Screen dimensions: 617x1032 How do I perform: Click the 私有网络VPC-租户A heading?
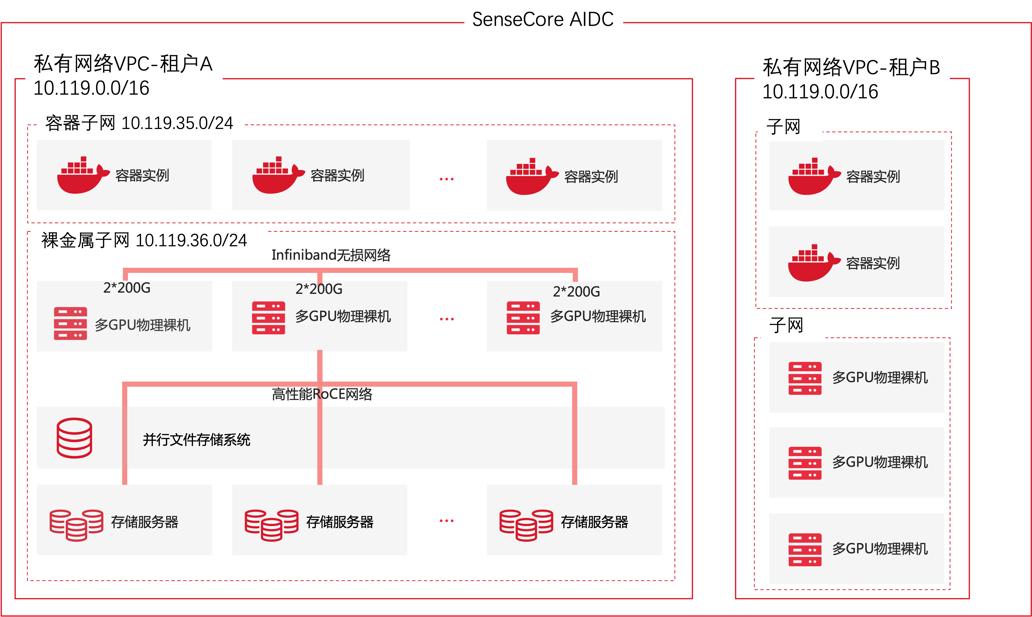pos(123,64)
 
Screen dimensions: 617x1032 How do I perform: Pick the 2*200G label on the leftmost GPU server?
pos(127,288)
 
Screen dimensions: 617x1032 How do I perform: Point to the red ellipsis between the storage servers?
pos(446,520)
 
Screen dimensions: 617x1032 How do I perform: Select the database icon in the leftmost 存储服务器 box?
pos(76,525)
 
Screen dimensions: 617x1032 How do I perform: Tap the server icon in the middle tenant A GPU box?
pos(268,318)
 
